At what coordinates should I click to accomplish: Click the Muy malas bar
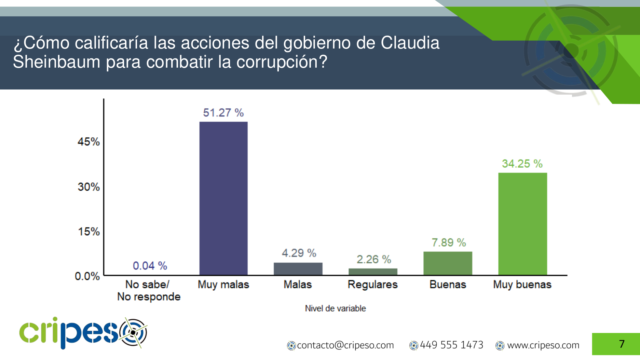[x=223, y=198]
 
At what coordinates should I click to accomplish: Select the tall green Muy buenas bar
[x=522, y=224]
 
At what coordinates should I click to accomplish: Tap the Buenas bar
[x=448, y=263]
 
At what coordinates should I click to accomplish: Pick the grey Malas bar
[x=298, y=268]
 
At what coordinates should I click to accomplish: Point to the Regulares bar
[x=373, y=272]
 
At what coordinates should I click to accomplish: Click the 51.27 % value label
[x=223, y=113]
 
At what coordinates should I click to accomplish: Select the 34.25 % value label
[x=522, y=164]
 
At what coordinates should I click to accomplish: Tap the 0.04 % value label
[x=150, y=266]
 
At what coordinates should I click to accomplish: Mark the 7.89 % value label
[x=449, y=243]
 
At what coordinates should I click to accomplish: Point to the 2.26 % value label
[x=374, y=260]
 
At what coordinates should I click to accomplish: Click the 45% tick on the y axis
[x=88, y=142]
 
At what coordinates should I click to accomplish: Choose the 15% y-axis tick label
[x=89, y=232]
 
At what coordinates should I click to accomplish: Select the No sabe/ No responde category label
[x=149, y=290]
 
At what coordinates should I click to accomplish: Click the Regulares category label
[x=373, y=285]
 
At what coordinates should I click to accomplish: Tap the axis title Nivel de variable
[x=335, y=308]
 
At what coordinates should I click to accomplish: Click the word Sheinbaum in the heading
[x=57, y=62]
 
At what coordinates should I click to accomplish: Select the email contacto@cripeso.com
[x=345, y=345]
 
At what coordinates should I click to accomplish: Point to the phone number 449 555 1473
[x=451, y=345]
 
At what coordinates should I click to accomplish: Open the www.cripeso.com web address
[x=543, y=345]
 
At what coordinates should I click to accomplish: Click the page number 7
[x=622, y=344]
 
